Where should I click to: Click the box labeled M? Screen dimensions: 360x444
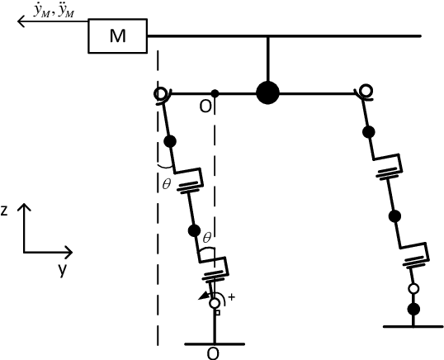(118, 36)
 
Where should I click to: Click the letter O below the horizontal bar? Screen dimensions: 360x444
(204, 107)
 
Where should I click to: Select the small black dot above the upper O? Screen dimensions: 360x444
(215, 92)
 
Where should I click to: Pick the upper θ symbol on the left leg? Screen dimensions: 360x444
(166, 184)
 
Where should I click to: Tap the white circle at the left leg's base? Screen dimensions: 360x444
(215, 304)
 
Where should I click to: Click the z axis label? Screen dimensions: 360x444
(5, 211)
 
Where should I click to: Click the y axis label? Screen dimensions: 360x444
(60, 269)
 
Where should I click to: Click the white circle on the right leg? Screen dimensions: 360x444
(415, 288)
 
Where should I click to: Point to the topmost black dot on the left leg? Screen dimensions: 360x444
(170, 141)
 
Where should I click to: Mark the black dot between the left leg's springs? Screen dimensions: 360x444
(196, 230)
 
